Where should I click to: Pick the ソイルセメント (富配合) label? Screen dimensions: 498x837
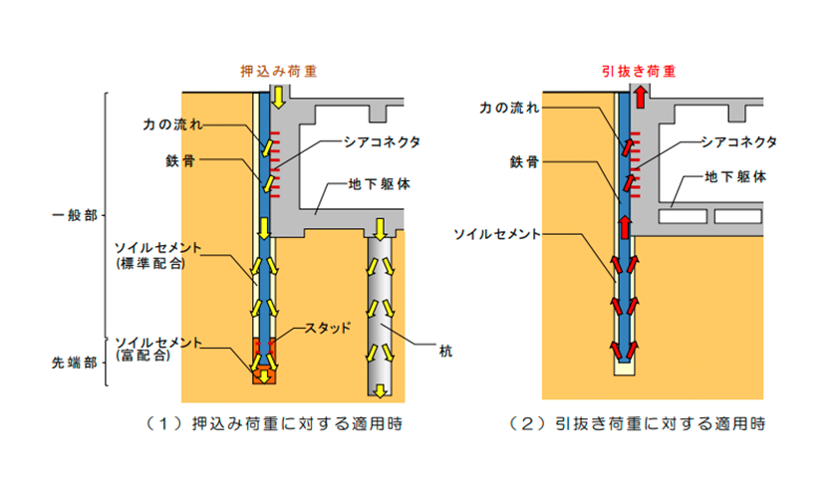tap(162, 349)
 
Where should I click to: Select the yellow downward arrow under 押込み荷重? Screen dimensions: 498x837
tap(280, 98)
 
